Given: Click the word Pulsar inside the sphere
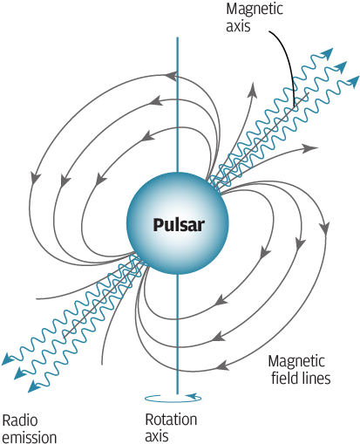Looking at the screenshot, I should [x=178, y=224].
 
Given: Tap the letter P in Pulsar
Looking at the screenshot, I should [x=158, y=224].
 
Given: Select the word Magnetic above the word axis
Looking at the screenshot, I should [x=254, y=9].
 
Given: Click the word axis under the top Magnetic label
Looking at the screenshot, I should [x=238, y=25].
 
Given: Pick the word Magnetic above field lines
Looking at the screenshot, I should [x=297, y=362].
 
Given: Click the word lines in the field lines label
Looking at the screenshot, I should [x=314, y=379].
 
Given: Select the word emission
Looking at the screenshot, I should [x=29, y=436].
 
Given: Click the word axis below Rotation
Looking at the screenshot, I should [x=156, y=435].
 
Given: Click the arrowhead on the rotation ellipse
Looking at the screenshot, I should [x=201, y=399].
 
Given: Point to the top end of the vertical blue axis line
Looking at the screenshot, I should [x=178, y=38].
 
